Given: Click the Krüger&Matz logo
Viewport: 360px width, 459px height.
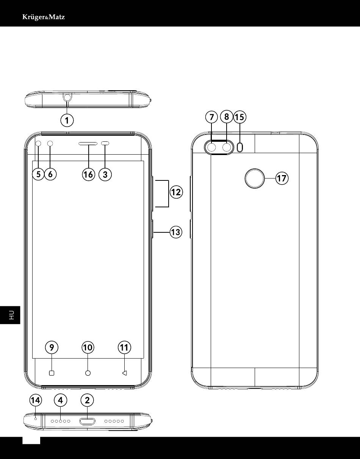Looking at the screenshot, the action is [44, 17].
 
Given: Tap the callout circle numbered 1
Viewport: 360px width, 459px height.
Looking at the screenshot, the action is [67, 121].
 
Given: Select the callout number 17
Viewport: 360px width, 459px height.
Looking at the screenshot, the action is [282, 178].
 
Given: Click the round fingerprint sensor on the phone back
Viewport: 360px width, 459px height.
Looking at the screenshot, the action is [255, 178].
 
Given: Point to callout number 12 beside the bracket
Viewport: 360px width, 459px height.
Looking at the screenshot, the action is [176, 192].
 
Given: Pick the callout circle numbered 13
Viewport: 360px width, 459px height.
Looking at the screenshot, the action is [176, 232].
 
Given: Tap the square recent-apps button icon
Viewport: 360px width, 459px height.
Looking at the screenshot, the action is [52, 373].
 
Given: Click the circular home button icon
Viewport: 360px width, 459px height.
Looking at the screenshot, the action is [88, 373].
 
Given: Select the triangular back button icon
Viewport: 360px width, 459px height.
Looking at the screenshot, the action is [125, 373].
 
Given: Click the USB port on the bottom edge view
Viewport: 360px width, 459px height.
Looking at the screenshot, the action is [87, 421].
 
